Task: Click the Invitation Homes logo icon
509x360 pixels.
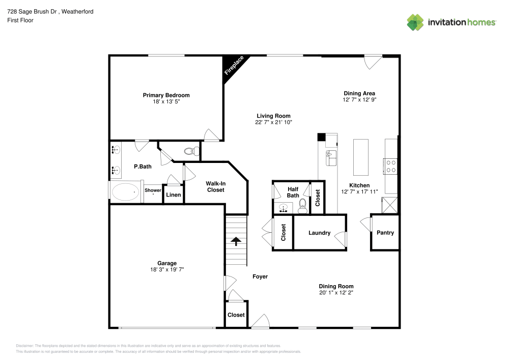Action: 415,22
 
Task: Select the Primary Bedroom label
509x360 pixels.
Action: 166,95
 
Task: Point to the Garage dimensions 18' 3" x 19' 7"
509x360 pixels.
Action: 167,269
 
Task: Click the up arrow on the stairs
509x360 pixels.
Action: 236,240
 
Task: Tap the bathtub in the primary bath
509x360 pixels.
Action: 125,192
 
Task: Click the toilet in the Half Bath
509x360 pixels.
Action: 302,205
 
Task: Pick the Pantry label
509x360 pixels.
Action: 385,233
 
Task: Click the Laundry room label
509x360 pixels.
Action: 319,233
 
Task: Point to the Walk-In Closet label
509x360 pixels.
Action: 215,186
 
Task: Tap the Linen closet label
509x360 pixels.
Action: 174,195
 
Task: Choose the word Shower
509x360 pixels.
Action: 153,190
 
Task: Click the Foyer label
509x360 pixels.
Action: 260,276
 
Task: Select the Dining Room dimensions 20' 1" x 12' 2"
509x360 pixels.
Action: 336,293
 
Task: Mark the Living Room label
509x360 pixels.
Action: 273,116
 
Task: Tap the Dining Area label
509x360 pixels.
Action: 359,93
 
